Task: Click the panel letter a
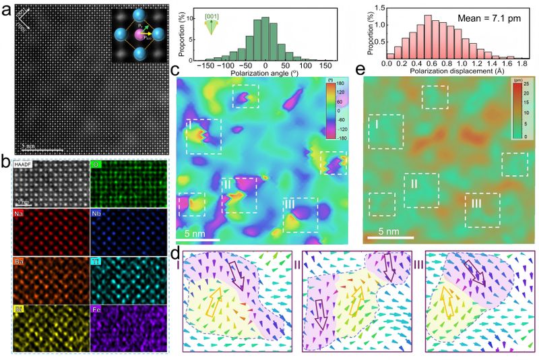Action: [x=6, y=9]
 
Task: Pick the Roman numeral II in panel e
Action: [x=415, y=183]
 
